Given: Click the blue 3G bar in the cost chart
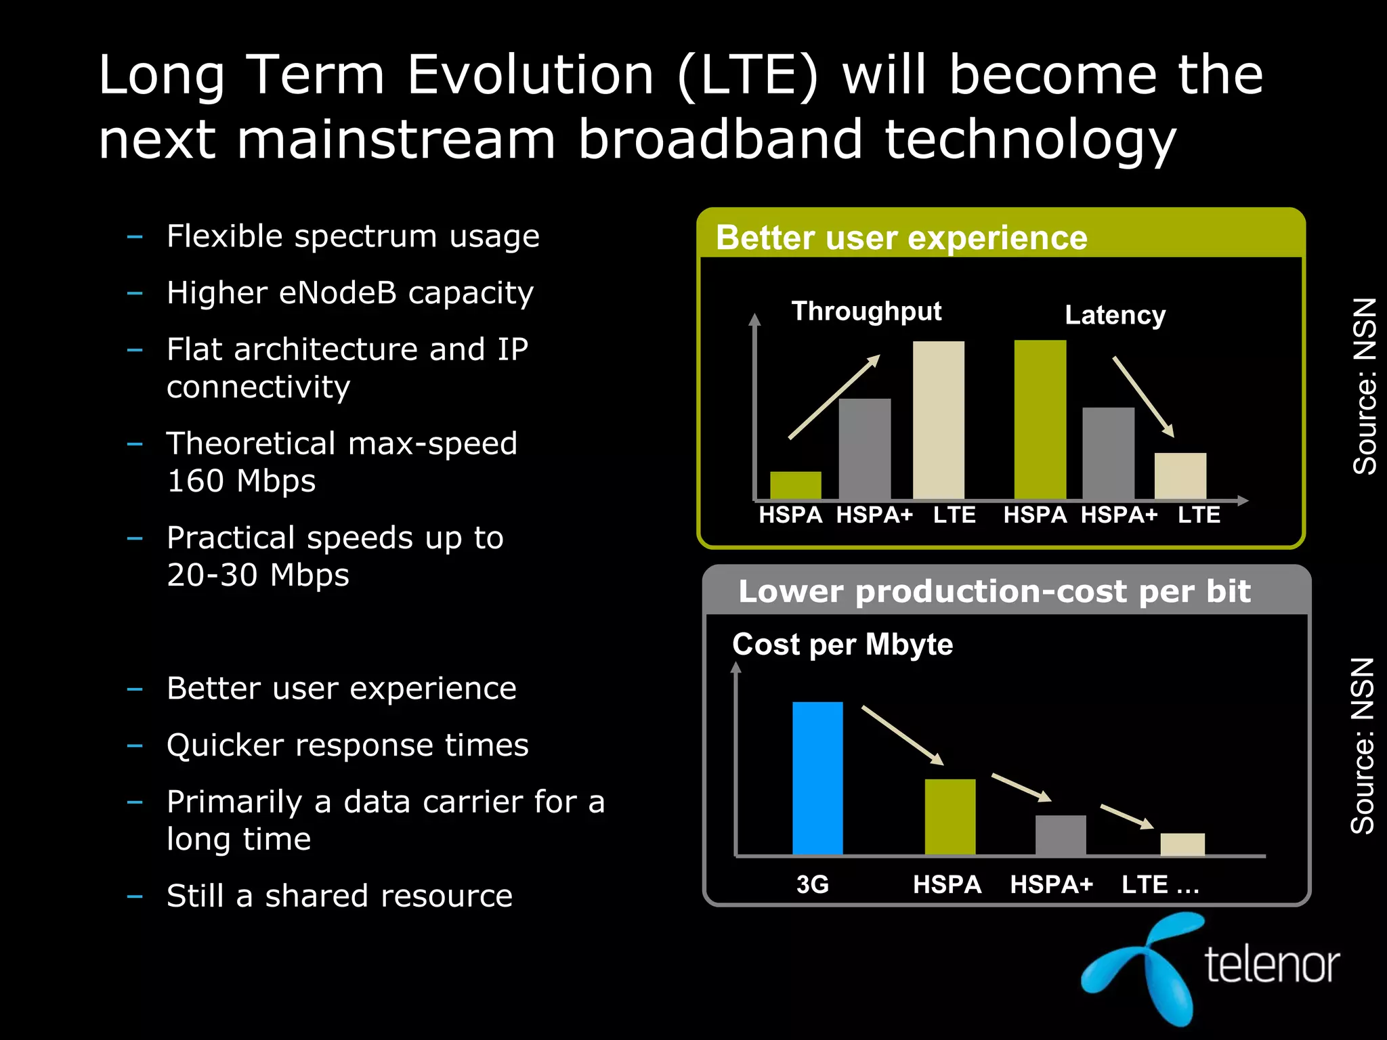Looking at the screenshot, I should coord(817,778).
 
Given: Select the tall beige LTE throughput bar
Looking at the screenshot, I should coord(938,420).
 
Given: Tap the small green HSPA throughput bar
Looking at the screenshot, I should coord(795,485).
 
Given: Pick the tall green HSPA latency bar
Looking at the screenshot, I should coord(1040,420).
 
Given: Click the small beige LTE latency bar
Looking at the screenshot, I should coord(1180,475).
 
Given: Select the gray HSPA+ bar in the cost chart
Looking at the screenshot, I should coord(1060,835).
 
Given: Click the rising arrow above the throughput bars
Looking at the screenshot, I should coord(834,397).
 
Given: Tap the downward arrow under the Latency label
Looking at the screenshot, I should coord(1143,396).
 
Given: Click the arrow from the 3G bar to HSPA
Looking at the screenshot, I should coord(902,735).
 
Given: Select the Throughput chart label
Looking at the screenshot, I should coord(866,311).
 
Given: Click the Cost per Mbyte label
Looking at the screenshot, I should coord(842,644).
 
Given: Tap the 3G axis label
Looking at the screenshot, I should coord(812,884).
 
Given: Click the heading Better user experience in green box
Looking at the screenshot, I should coord(901,238).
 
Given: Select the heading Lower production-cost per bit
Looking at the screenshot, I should coord(994,591).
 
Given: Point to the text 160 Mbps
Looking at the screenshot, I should coord(241,481).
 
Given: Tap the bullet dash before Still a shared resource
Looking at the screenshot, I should coord(135,896).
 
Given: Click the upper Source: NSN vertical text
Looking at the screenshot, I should coord(1363,386).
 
